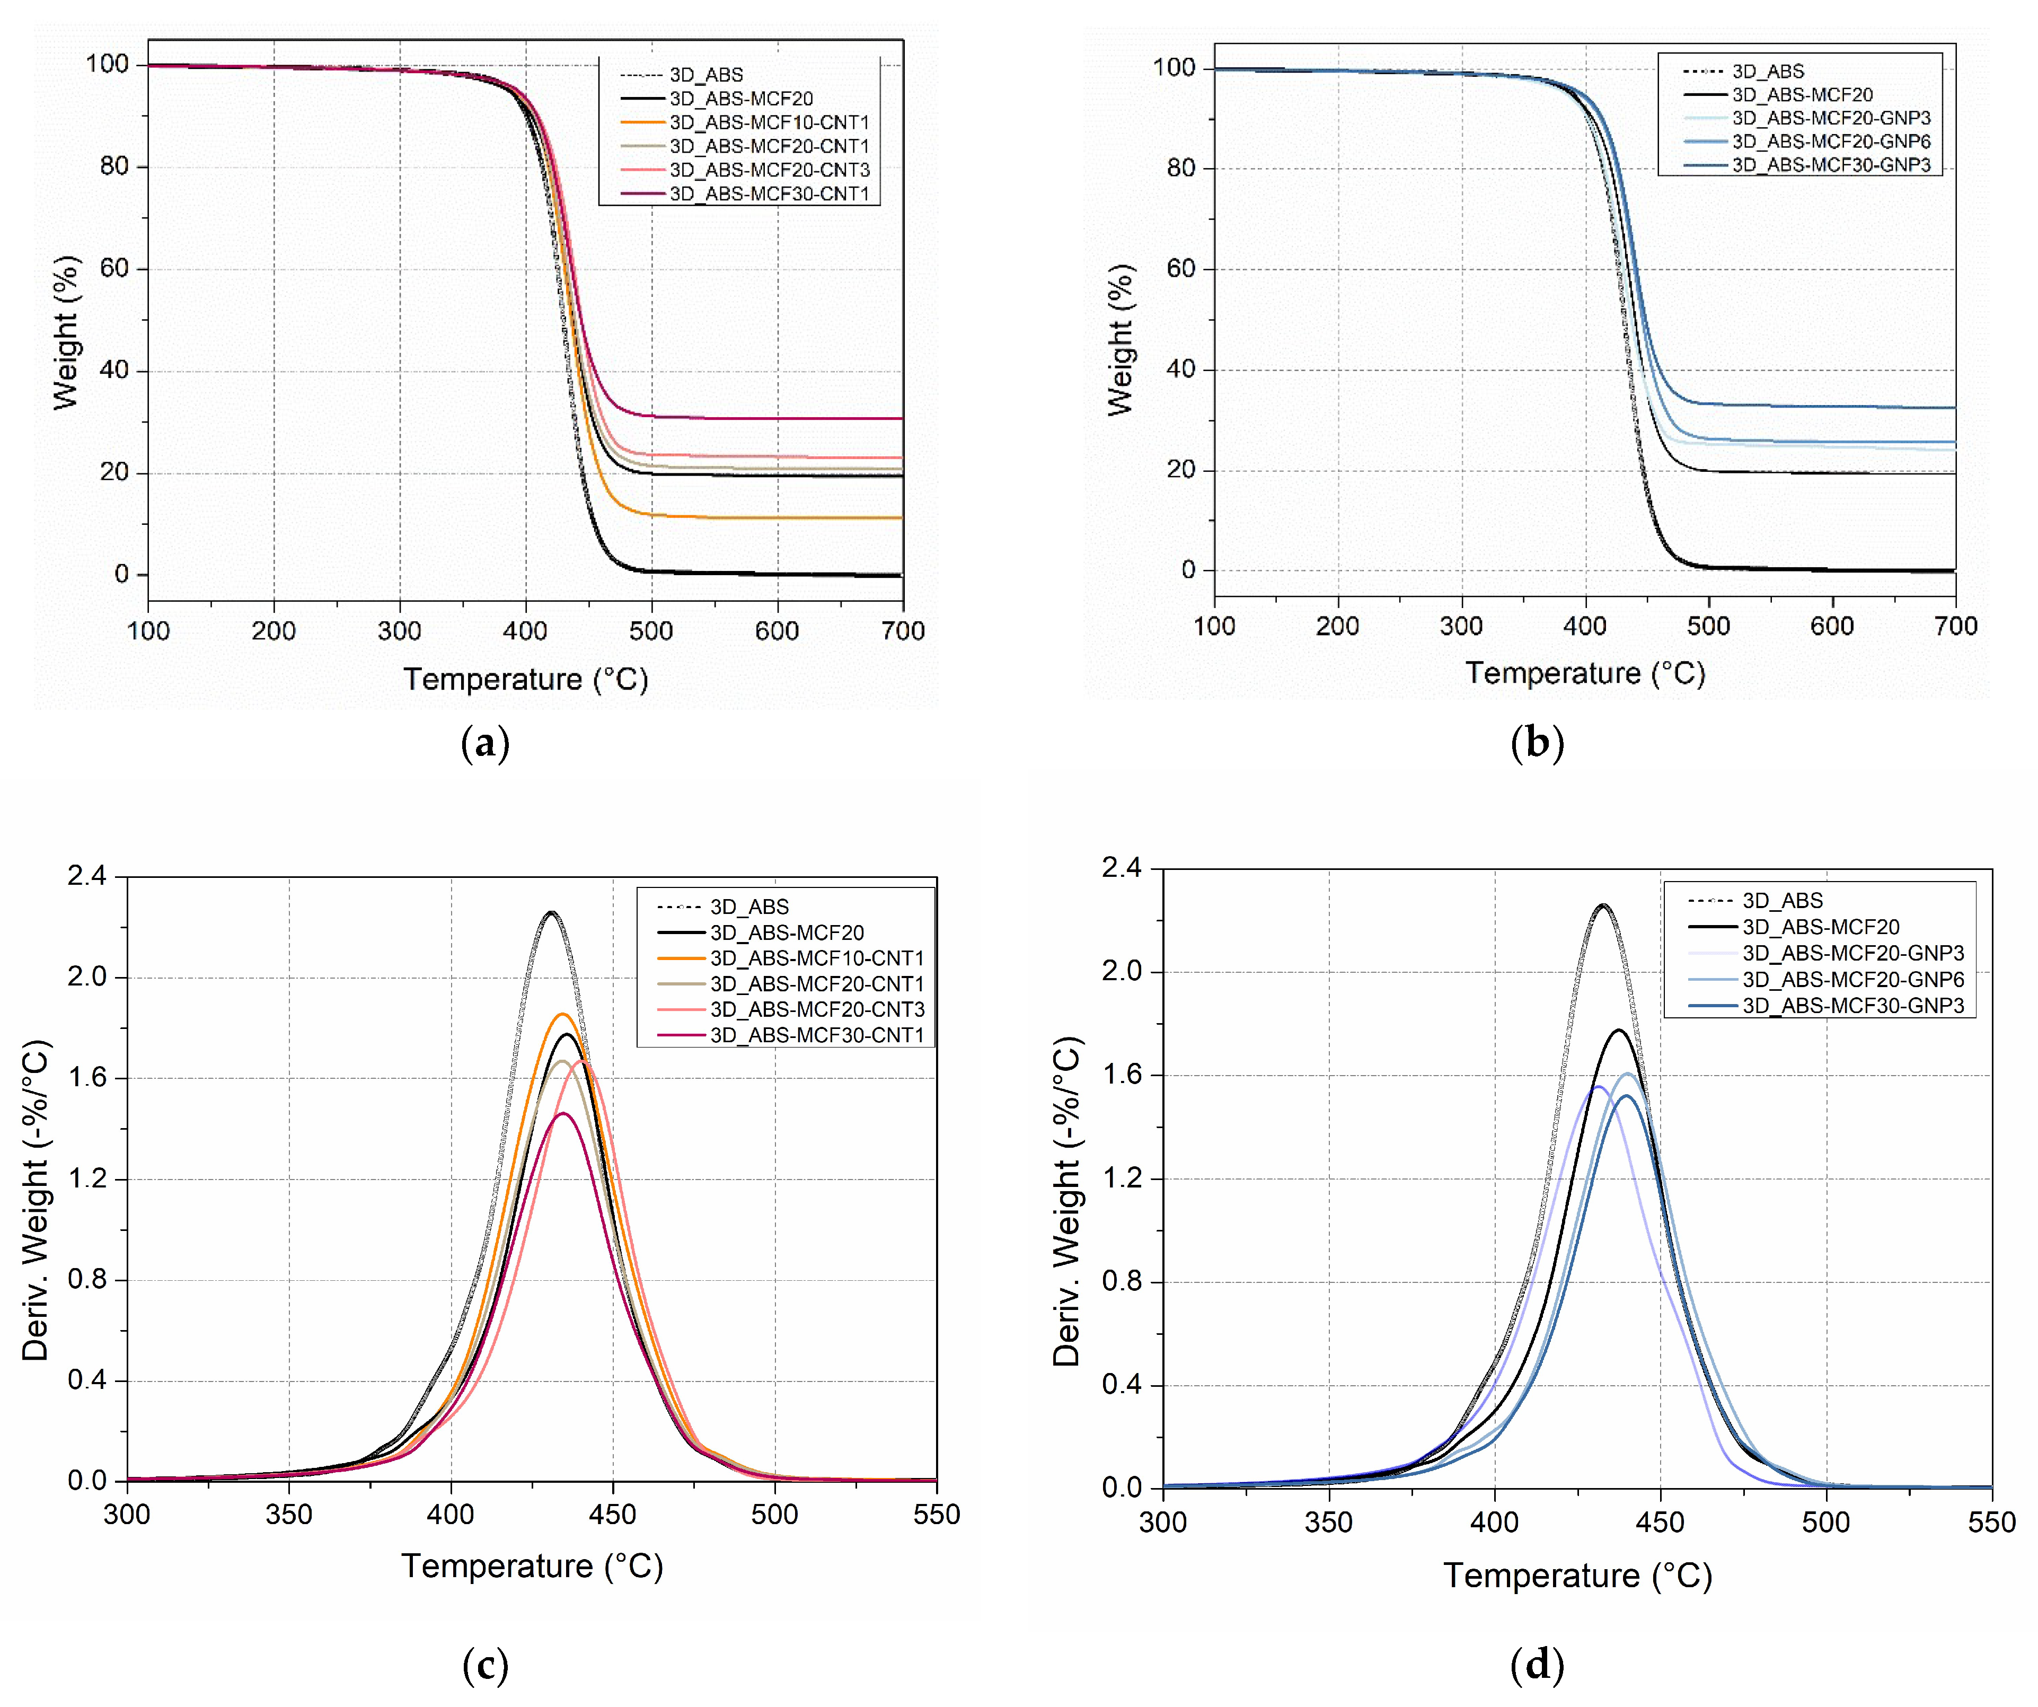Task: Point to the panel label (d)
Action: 1537,1665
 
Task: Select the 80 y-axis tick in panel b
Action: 1180,168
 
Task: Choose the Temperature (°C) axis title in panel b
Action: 1585,673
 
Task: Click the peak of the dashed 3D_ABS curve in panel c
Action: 551,912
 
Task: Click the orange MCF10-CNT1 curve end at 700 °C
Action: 901,518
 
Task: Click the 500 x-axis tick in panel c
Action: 774,1515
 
